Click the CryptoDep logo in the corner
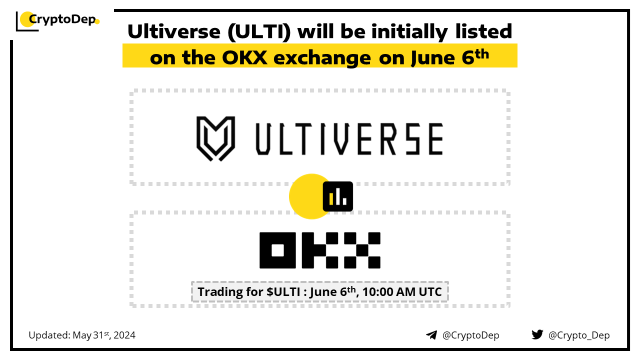click(x=57, y=20)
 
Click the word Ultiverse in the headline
click(x=174, y=31)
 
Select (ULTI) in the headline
click(x=259, y=32)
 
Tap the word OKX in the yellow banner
click(x=244, y=57)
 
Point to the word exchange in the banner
click(x=322, y=58)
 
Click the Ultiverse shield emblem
click(x=215, y=138)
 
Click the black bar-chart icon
click(x=337, y=196)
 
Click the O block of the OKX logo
click(x=277, y=250)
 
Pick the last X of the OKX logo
click(x=362, y=250)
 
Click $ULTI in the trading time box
click(x=283, y=292)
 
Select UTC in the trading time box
click(x=430, y=292)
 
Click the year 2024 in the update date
click(x=124, y=335)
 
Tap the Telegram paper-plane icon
click(x=431, y=335)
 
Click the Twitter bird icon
click(x=537, y=334)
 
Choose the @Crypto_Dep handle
click(x=579, y=335)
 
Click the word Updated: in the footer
click(x=49, y=335)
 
